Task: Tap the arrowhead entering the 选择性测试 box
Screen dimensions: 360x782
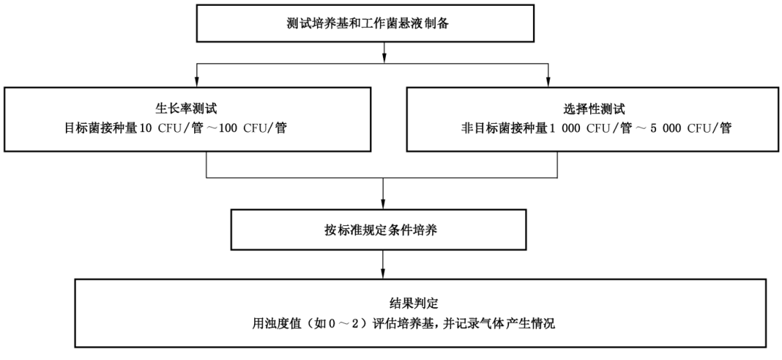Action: [x=547, y=83]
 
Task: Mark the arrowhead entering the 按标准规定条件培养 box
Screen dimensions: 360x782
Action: [x=382, y=206]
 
